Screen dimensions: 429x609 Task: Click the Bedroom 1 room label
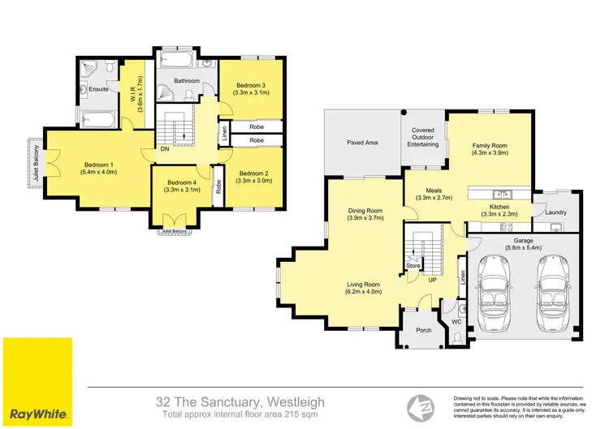97,165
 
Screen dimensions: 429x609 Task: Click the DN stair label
164,149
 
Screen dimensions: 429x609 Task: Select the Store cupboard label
413,265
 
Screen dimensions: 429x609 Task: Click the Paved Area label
361,143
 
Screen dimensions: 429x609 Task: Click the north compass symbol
420,403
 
